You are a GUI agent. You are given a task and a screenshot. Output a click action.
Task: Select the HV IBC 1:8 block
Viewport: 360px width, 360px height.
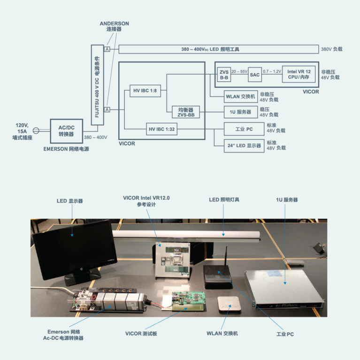[146, 90]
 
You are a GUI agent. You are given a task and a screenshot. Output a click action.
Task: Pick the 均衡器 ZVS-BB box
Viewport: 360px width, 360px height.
[185, 112]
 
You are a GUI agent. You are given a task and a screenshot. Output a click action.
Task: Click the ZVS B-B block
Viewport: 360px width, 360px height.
[224, 75]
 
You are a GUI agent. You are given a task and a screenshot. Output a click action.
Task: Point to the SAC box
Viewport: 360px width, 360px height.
[254, 75]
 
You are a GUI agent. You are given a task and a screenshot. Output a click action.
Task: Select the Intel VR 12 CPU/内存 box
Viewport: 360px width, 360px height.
[299, 75]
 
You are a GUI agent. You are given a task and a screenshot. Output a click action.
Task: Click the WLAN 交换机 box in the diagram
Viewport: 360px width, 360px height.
[241, 96]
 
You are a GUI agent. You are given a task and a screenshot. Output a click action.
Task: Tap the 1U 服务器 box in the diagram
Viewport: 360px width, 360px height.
[241, 112]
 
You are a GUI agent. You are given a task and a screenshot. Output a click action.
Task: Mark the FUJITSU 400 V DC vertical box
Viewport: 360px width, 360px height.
[97, 84]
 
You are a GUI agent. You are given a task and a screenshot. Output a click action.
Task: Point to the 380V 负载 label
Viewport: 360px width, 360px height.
[331, 49]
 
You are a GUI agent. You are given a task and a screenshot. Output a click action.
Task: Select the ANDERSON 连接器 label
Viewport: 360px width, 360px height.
[114, 26]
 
